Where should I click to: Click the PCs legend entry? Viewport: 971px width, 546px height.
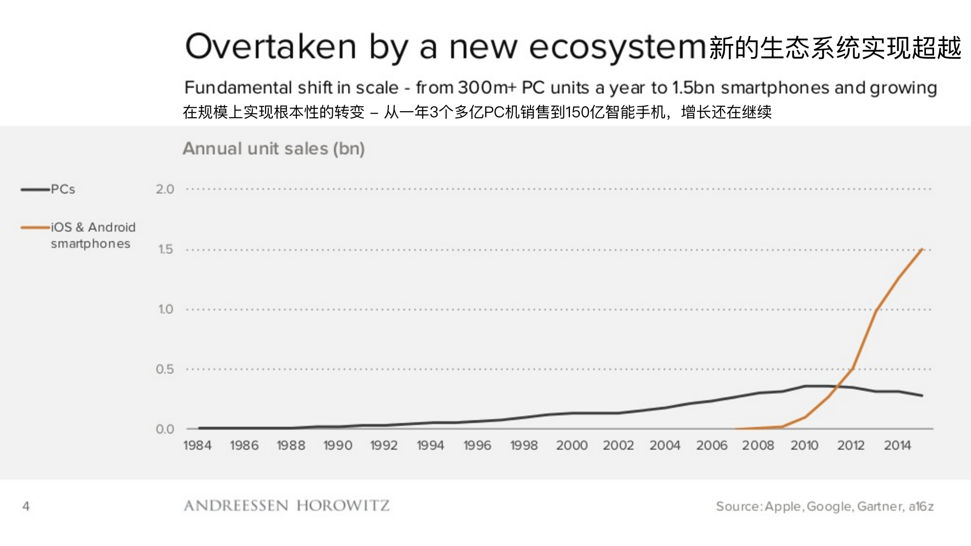pos(63,190)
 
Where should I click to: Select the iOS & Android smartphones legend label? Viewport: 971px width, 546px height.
pos(93,236)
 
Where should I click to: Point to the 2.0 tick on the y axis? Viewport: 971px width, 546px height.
pos(165,190)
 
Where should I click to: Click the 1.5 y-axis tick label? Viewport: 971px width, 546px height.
pos(165,249)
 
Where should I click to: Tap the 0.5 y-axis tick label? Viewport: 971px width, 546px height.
pos(165,369)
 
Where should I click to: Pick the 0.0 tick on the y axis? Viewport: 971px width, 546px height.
pos(165,429)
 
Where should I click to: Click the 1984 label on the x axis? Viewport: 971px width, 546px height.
pos(197,445)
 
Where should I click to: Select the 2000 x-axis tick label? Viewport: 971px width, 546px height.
pos(571,445)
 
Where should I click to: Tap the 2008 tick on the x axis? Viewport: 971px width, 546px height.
pos(758,445)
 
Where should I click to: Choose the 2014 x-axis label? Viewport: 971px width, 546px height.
pos(897,445)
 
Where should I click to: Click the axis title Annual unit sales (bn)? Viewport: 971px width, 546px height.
pos(274,149)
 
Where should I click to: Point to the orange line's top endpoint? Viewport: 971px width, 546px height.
pos(922,249)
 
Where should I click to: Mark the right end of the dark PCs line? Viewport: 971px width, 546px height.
pos(922,395)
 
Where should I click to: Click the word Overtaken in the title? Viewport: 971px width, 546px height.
pos(271,47)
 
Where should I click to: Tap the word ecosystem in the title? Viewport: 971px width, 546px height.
pos(617,48)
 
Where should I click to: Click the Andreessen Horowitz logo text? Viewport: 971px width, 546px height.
pos(286,506)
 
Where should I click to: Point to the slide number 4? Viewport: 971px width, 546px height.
pos(26,506)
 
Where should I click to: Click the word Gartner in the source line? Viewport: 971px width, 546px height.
pos(880,507)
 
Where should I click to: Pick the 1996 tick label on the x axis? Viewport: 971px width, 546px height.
pos(477,445)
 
